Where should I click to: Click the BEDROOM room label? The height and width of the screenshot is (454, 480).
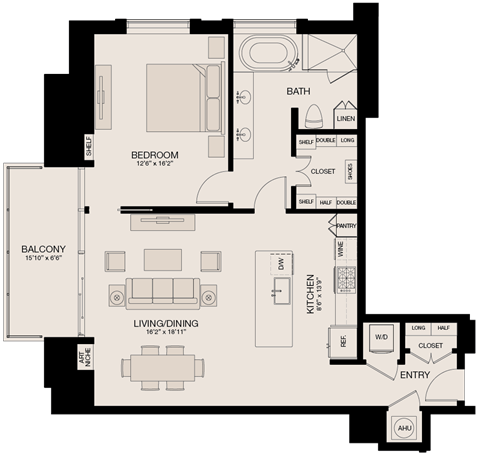[155, 155]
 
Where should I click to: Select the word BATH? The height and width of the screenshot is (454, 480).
[299, 92]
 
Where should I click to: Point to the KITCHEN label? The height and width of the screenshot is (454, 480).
[311, 293]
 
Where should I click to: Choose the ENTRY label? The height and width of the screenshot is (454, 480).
[414, 375]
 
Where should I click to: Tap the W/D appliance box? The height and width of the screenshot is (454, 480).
[380, 338]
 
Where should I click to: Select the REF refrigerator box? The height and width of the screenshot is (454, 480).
[343, 341]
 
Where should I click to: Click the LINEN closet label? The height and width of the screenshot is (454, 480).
[346, 118]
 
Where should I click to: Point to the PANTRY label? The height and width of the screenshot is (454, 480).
[346, 226]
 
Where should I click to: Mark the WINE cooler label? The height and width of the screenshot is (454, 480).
[340, 248]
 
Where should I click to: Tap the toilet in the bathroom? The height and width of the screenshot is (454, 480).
[312, 113]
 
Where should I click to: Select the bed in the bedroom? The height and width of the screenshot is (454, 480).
[183, 97]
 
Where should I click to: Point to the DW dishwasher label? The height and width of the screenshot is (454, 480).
[282, 264]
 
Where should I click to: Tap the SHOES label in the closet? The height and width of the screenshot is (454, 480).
[350, 172]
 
